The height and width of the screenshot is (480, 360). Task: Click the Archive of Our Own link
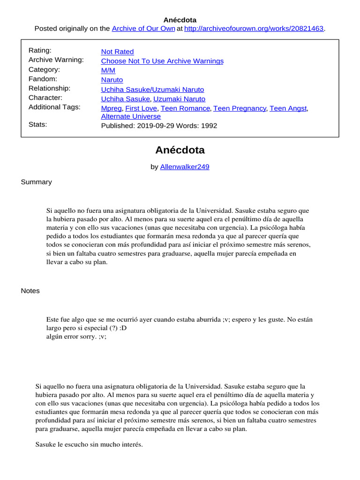point(143,29)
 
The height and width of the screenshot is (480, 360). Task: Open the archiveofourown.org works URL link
point(255,29)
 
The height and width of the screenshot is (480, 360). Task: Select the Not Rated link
point(117,52)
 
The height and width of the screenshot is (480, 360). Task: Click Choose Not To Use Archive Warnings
point(162,61)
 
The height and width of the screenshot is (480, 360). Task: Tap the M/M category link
point(108,70)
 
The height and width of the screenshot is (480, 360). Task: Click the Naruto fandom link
point(112,80)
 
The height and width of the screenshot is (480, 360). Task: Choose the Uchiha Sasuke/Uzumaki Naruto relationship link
point(152,89)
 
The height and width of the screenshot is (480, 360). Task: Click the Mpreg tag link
point(111,108)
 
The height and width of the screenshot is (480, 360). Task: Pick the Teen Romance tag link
point(185,108)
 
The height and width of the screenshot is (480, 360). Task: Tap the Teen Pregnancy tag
point(240,108)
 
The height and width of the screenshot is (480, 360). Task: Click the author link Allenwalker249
point(185,166)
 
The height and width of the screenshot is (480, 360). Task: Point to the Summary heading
point(36,182)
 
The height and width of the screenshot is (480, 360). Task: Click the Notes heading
point(30,291)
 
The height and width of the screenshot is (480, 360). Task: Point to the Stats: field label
point(37,125)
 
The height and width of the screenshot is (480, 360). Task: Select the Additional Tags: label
point(54,107)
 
